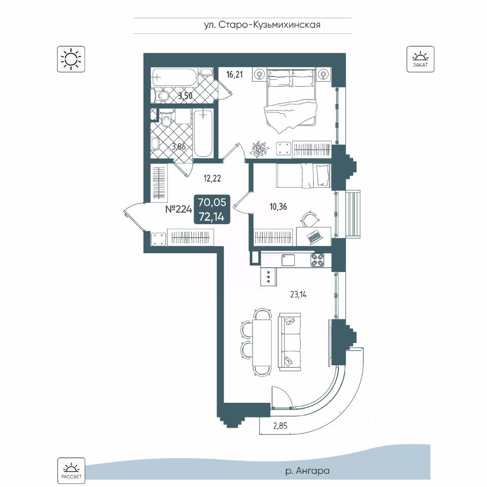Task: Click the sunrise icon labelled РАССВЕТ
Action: click(x=71, y=470)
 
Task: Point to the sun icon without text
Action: click(x=71, y=58)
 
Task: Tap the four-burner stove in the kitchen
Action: click(x=318, y=260)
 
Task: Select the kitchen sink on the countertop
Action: click(x=288, y=259)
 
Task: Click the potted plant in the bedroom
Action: click(x=259, y=148)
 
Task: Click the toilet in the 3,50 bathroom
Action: click(x=163, y=96)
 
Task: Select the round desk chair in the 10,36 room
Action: click(x=309, y=218)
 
